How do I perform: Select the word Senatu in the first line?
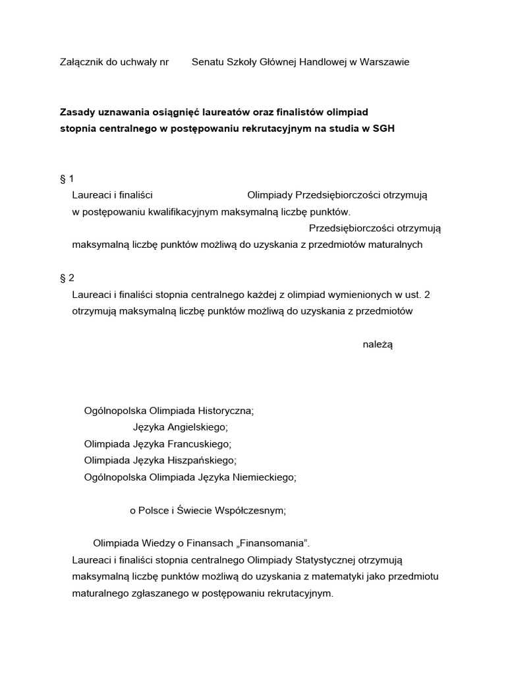point(208,62)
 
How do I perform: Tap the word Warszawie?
point(384,62)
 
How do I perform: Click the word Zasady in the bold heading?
point(78,112)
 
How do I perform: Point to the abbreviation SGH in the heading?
point(383,129)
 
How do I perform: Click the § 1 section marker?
point(67,179)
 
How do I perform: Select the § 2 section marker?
point(67,278)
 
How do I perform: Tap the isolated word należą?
point(378,344)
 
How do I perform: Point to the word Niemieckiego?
point(264,477)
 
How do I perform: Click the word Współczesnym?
point(254,510)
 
